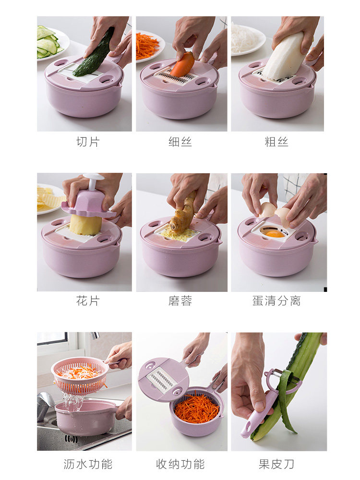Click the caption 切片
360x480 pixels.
[88, 142]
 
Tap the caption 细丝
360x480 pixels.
[180, 142]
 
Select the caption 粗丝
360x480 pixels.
[276, 142]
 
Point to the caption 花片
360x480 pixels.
[88, 300]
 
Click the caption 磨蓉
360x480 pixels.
[180, 300]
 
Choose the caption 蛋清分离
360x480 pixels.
[276, 300]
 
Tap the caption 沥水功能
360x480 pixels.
[88, 464]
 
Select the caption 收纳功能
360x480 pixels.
[180, 464]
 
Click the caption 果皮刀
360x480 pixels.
[276, 464]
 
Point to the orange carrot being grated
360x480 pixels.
[183, 65]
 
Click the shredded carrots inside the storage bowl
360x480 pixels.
[196, 408]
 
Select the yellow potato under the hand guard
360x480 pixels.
[85, 225]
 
